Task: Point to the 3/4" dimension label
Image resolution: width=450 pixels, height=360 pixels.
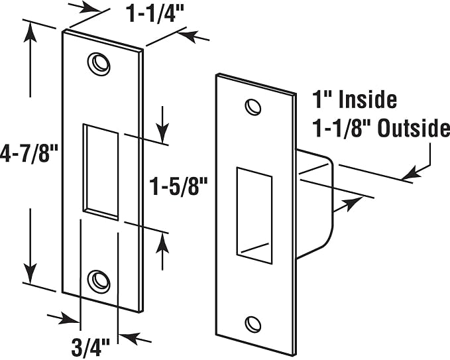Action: [90, 347]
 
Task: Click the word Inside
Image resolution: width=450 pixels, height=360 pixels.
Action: [368, 100]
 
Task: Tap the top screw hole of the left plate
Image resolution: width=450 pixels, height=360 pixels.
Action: [99, 64]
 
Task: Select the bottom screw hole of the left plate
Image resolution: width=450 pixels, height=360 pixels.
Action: [99, 281]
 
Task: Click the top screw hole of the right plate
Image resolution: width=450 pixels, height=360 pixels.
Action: [253, 107]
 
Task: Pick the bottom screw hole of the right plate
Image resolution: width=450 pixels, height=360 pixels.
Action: [253, 324]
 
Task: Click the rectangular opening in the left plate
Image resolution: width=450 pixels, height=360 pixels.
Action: [101, 172]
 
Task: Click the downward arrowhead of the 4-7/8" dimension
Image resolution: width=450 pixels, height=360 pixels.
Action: [30, 272]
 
